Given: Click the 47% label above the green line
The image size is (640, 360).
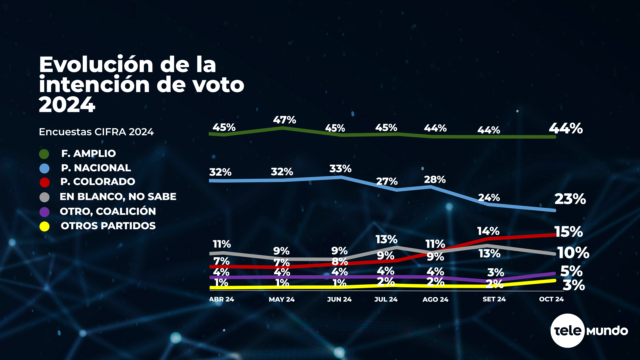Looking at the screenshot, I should click(x=284, y=120).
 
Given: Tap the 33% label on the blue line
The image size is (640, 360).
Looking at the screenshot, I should click(x=340, y=169).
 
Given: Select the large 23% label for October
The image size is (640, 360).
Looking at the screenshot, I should click(x=570, y=199).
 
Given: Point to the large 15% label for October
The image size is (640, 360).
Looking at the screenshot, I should click(x=569, y=232).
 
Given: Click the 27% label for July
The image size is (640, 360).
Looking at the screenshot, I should click(x=387, y=181).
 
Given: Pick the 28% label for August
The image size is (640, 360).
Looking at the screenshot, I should click(x=435, y=180).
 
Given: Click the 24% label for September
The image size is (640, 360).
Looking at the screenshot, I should click(x=489, y=198).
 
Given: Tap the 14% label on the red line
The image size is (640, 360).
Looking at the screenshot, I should click(x=488, y=231).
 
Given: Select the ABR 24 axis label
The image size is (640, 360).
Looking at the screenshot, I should click(x=222, y=299).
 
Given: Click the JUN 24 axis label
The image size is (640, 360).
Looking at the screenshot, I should click(x=339, y=299).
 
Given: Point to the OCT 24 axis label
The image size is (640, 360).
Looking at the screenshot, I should click(x=551, y=299).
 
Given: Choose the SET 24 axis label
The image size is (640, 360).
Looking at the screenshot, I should click(x=494, y=299).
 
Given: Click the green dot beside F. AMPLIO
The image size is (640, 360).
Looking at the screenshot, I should click(x=44, y=154).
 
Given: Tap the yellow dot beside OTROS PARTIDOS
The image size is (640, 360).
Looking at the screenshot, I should click(x=44, y=227).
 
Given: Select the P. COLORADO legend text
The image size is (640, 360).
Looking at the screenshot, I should click(x=98, y=182).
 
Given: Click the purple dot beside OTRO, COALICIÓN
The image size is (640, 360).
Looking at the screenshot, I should click(x=44, y=212).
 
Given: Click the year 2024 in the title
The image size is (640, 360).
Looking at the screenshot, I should click(x=67, y=105).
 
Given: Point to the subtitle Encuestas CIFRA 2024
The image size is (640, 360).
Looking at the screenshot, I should click(x=96, y=132).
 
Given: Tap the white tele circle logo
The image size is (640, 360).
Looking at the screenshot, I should click(x=567, y=331).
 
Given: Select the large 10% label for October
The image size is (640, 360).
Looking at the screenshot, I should click(x=573, y=253).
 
